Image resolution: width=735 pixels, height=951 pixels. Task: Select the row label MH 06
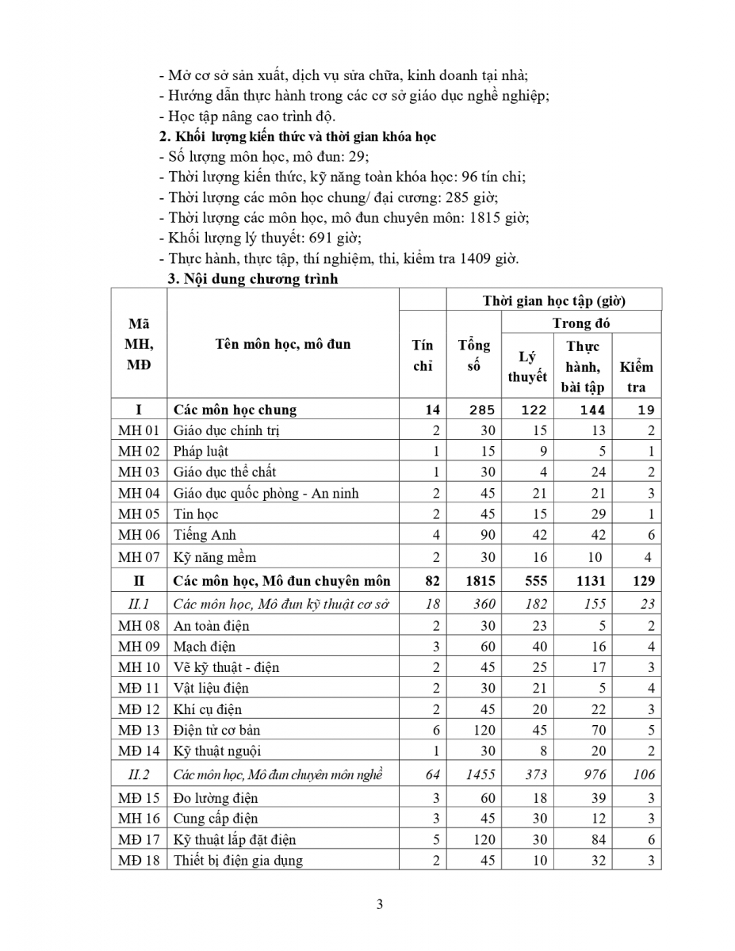139,535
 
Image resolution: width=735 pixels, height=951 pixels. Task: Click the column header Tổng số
474,355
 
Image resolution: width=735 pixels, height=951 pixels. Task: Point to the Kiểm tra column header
637,376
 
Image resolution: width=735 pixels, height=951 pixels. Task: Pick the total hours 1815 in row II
480,580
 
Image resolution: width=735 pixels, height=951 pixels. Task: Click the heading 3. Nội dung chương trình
252,279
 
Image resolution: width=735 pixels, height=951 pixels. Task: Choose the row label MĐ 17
139,839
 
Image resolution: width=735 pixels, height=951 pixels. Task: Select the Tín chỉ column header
423,355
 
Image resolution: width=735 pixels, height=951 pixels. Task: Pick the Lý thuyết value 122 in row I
533,410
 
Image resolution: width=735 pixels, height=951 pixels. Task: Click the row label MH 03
139,472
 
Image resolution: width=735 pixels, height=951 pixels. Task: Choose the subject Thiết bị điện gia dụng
238,860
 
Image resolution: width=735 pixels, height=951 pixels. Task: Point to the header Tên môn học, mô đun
283,344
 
